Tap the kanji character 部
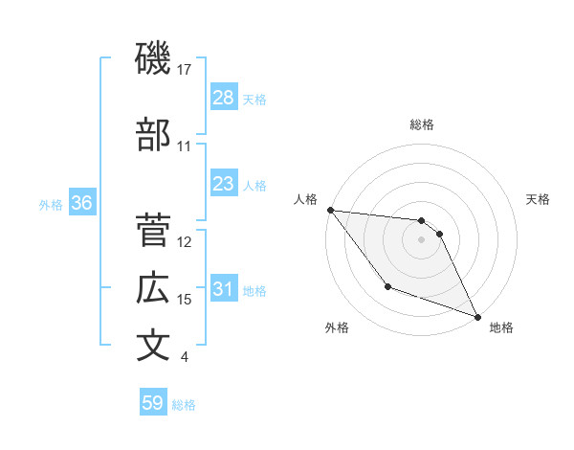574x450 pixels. click(153, 135)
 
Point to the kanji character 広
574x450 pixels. click(153, 287)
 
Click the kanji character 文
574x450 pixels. click(153, 345)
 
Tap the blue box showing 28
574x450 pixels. click(224, 98)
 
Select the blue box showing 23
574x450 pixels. click(224, 184)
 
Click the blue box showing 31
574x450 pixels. click(224, 290)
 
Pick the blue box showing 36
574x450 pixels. click(81, 204)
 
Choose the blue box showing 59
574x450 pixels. click(153, 403)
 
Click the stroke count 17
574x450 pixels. click(185, 69)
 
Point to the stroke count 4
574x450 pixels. click(185, 358)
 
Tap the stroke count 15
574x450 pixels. click(185, 300)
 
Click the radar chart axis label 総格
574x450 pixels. click(422, 124)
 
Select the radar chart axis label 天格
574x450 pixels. click(538, 199)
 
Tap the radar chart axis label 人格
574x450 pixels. click(306, 199)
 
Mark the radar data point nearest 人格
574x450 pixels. click(330, 210)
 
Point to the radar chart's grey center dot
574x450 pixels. click(422, 239)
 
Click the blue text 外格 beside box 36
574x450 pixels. click(51, 205)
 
